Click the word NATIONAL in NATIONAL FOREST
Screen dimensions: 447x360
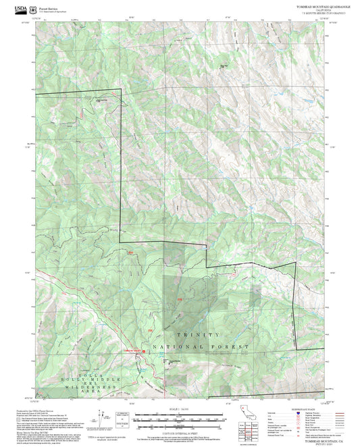178,347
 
